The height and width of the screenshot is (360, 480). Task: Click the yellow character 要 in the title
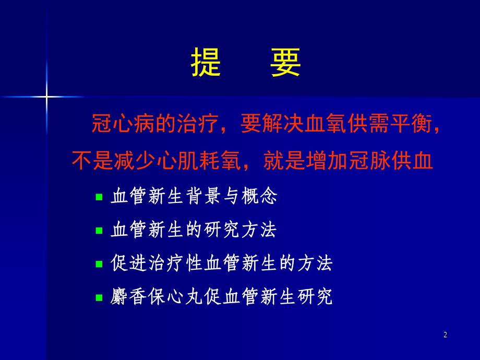tap(285, 63)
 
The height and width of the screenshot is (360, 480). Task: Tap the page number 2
tap(445, 335)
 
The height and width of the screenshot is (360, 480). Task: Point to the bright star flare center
tap(46, 97)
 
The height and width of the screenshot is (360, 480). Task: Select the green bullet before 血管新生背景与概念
tap(99, 198)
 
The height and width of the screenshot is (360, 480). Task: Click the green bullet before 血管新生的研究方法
tap(99, 231)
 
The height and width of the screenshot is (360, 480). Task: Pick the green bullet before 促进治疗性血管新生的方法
tap(99, 265)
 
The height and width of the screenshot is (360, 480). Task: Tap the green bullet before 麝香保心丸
tap(99, 298)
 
